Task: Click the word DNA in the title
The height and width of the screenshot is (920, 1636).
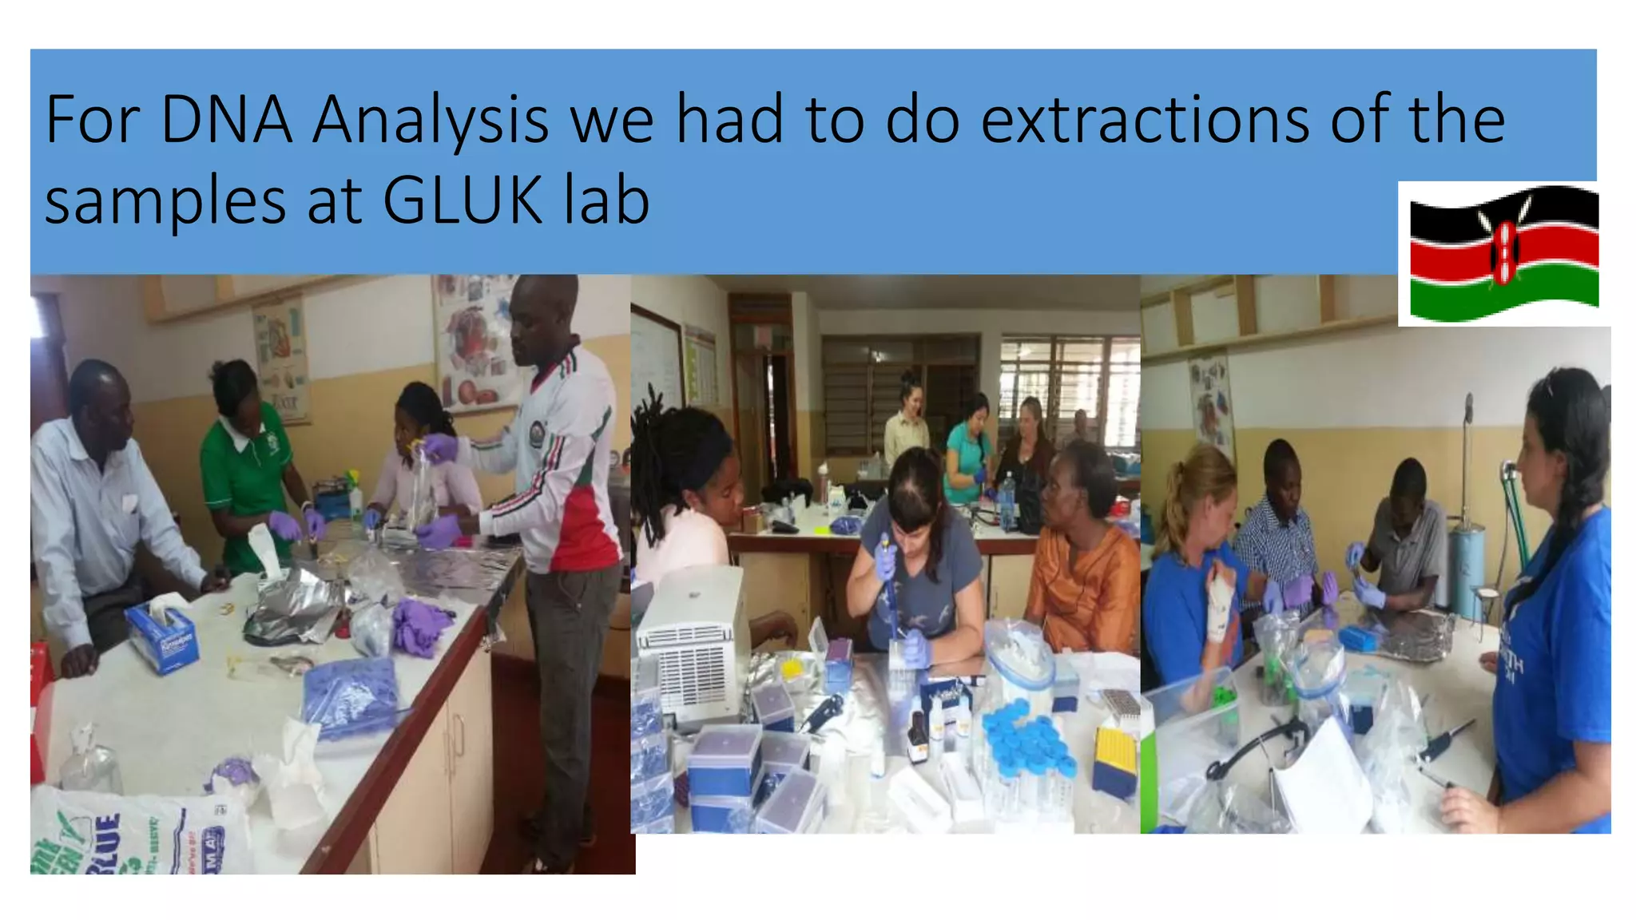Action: (226, 120)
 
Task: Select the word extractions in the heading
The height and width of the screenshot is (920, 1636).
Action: (1144, 120)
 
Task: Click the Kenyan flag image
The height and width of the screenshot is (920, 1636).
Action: (1503, 253)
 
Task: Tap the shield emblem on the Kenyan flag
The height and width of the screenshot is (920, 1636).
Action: (1505, 252)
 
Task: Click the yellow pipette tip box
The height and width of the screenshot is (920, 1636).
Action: (1114, 759)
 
